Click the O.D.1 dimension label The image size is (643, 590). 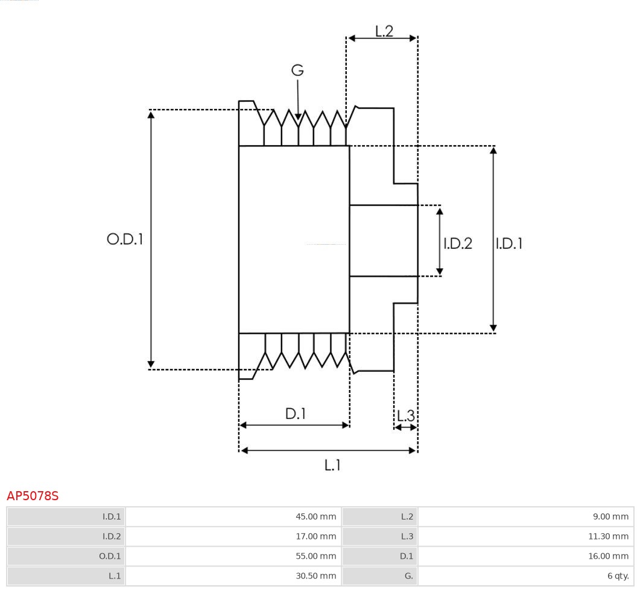(x=125, y=239)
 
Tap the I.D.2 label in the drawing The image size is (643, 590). (x=458, y=243)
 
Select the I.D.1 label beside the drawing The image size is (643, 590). (x=509, y=243)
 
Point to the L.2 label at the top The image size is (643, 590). (x=384, y=31)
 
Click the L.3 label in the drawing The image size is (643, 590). (x=406, y=416)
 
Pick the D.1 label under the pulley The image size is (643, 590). (x=296, y=414)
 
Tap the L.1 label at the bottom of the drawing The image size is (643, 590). (x=333, y=465)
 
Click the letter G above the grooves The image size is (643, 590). (x=297, y=71)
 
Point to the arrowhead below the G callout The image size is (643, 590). (x=298, y=116)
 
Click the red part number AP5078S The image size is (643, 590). (x=33, y=496)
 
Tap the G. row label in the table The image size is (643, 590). (x=408, y=576)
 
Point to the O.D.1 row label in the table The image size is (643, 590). (x=110, y=556)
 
